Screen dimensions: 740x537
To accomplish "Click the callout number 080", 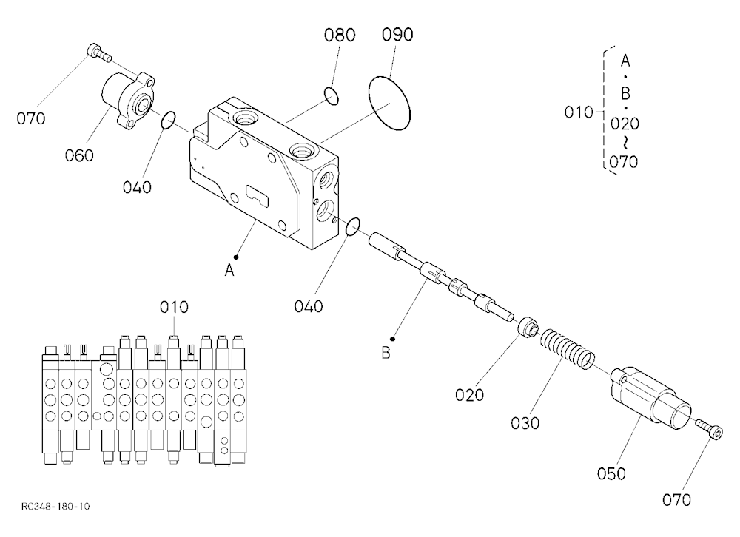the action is click(340, 35).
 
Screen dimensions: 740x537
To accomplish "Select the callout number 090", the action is click(397, 35).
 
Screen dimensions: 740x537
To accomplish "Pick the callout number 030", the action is click(525, 423).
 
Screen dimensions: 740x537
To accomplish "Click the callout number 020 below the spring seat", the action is click(470, 394).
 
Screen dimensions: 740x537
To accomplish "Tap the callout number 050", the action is click(611, 473).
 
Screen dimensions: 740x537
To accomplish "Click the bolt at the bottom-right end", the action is click(710, 429).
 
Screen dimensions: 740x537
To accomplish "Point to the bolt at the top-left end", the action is click(99, 52).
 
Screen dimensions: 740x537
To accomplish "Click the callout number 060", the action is click(79, 155).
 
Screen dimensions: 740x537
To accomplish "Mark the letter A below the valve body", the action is click(229, 271).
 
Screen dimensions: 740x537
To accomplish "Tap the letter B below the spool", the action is click(386, 353).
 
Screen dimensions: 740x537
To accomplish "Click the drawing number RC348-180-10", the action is click(55, 507).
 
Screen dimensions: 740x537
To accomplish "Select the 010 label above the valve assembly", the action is click(174, 308).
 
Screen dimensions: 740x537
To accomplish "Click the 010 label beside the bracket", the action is click(579, 112).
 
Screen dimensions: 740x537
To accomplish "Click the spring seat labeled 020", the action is click(528, 328).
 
